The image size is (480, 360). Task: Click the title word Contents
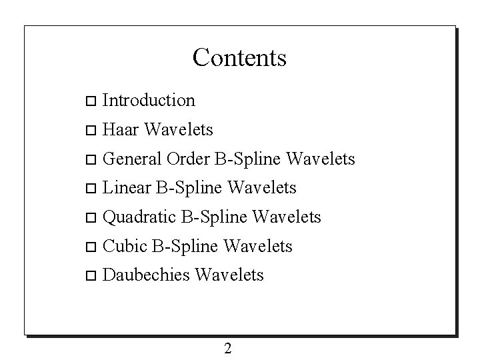(x=239, y=57)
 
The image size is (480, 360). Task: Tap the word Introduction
(x=149, y=101)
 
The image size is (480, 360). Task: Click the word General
(x=133, y=159)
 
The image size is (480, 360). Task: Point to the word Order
(x=188, y=159)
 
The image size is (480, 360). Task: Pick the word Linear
(x=127, y=188)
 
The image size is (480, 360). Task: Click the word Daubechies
(x=146, y=275)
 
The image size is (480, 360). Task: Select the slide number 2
(x=228, y=348)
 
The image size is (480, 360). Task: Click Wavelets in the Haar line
(x=178, y=129)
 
